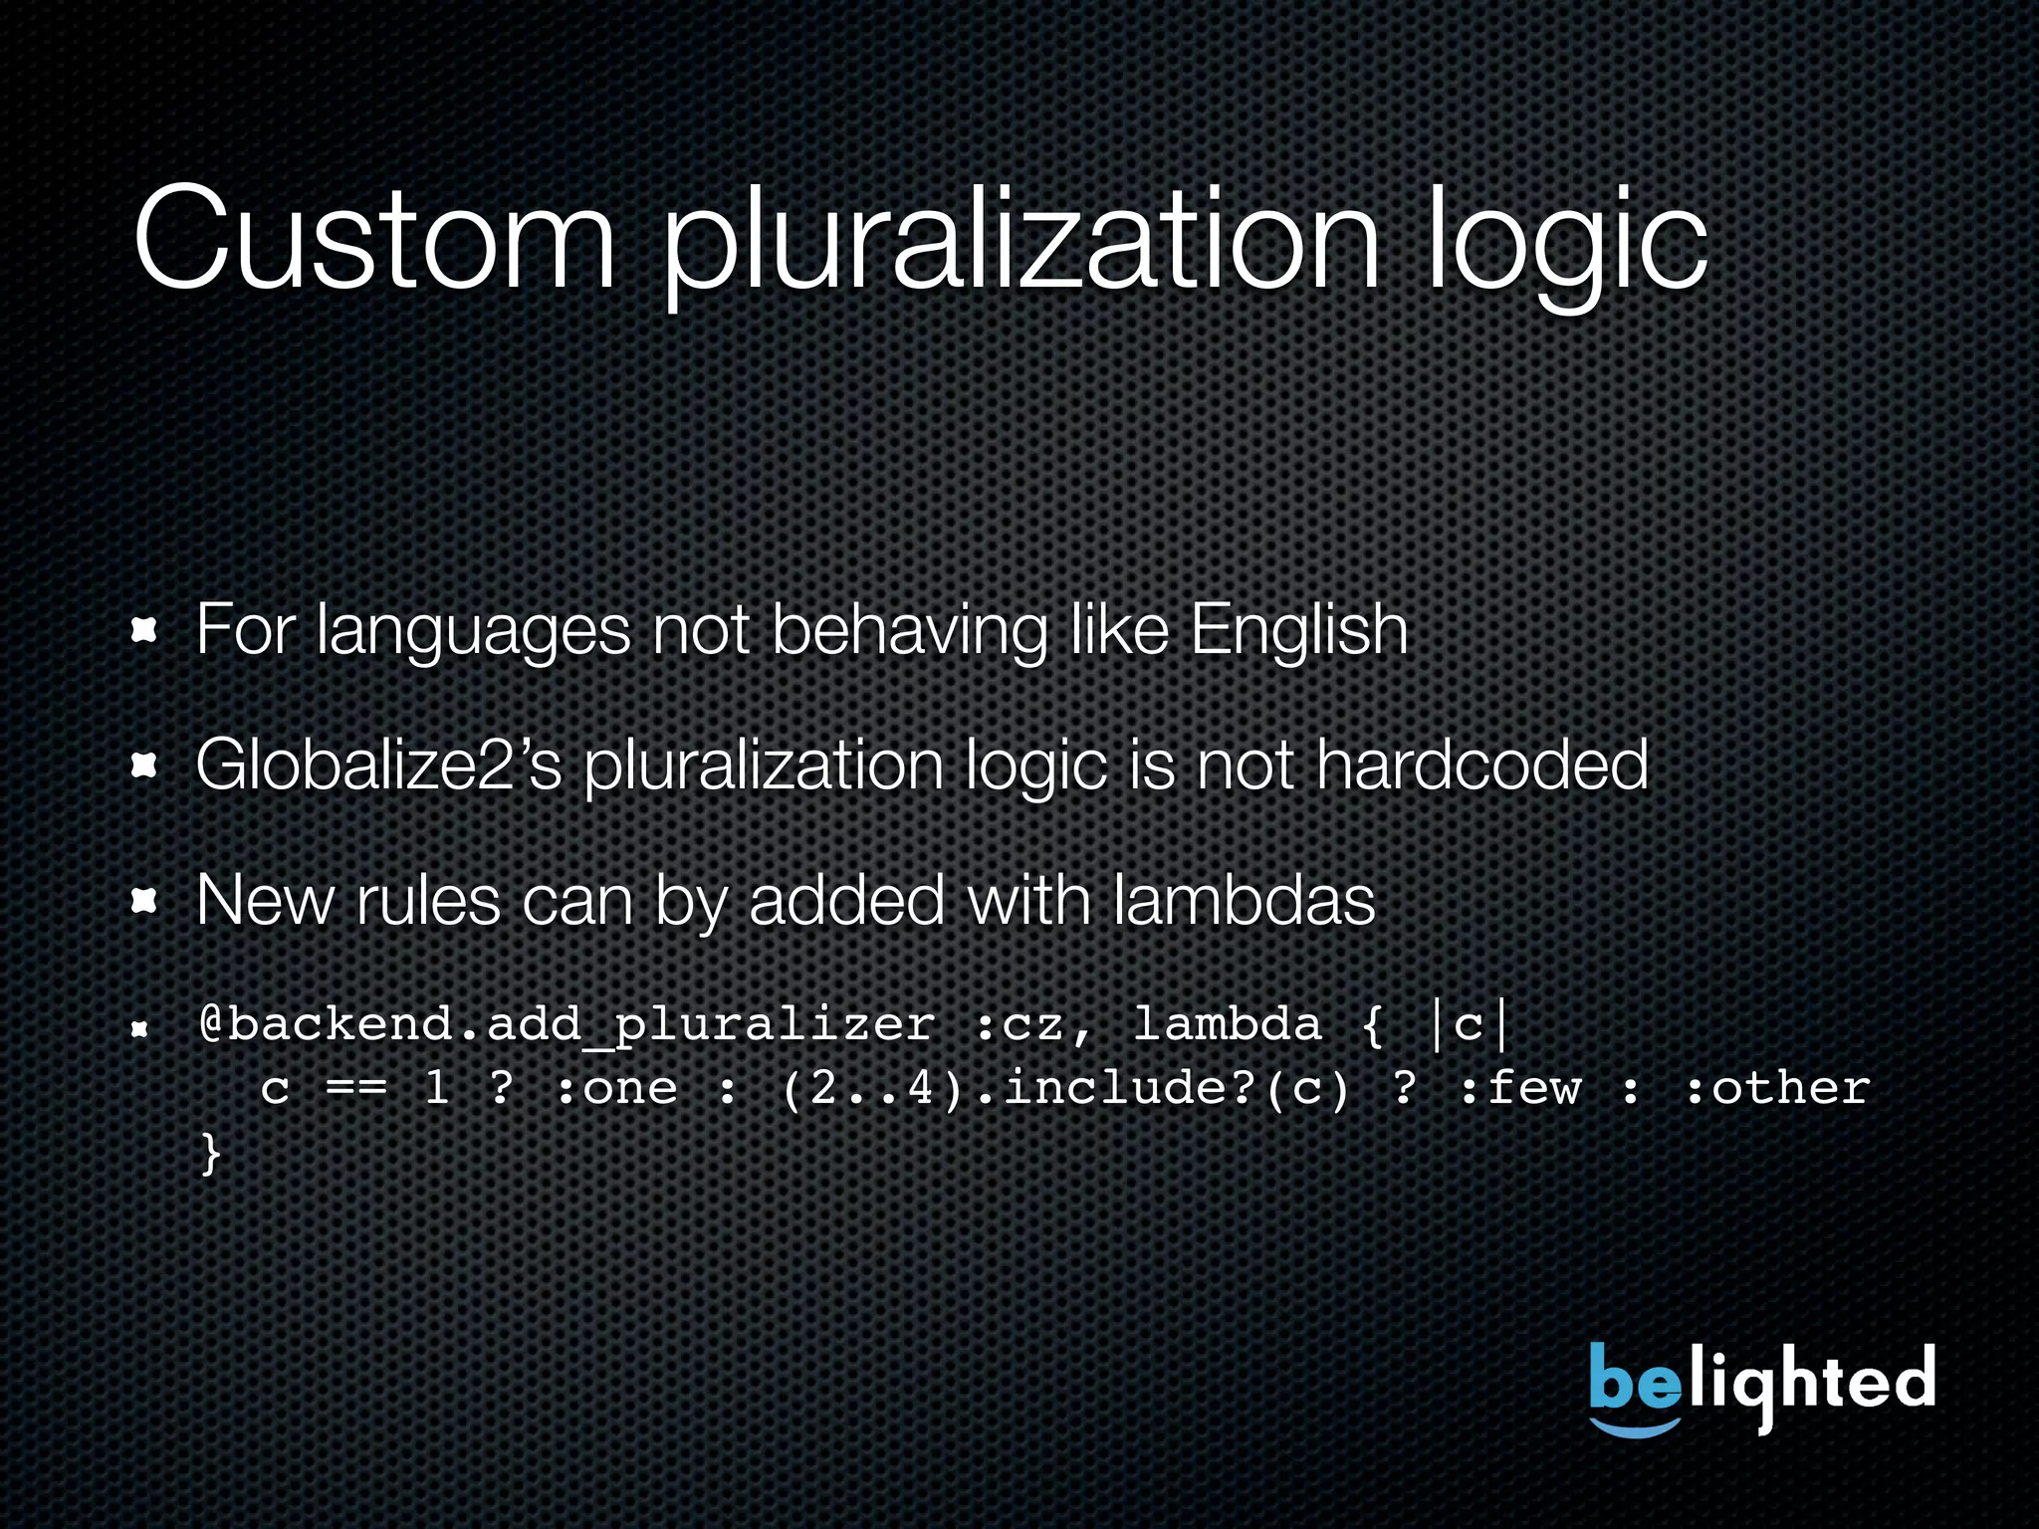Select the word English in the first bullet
(x=1299, y=631)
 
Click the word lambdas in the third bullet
(x=1244, y=900)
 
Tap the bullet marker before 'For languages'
(x=145, y=631)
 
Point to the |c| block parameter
(x=1469, y=1025)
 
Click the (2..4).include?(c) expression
(x=1065, y=1088)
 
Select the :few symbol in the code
(x=1520, y=1088)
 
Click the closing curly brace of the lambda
(x=210, y=1153)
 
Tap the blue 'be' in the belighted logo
(x=1633, y=1379)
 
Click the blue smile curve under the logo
(x=1635, y=1428)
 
